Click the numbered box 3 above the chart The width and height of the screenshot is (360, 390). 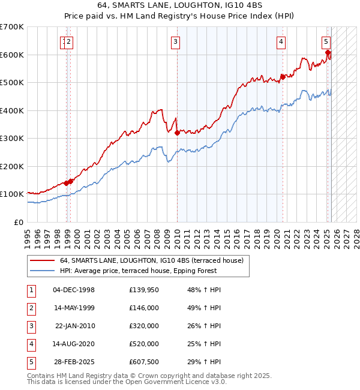[175, 42]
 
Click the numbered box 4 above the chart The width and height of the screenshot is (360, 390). [280, 42]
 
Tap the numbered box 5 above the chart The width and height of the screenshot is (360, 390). [325, 42]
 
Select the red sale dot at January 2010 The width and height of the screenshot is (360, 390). [177, 133]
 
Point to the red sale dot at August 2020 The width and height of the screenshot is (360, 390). [283, 77]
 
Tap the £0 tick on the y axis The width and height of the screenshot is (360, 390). [19, 222]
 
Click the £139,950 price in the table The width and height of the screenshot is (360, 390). [143, 290]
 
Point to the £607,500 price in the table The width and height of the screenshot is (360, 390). [143, 362]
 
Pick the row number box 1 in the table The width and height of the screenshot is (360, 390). [31, 290]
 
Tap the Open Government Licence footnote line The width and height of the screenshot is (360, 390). [127, 382]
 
